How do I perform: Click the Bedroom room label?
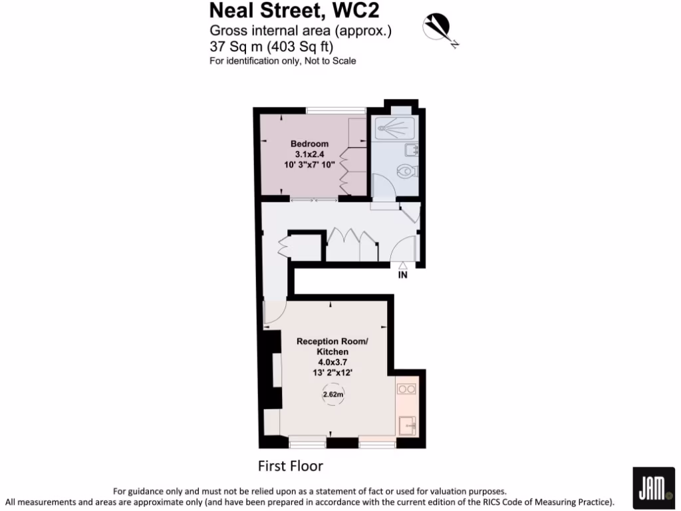pos(309,144)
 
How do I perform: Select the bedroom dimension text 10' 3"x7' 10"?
pos(309,164)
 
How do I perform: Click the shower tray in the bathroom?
pos(395,126)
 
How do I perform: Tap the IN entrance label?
pos(402,274)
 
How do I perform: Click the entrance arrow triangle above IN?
pos(402,265)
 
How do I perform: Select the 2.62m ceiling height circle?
pos(333,395)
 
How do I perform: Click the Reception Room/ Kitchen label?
pos(332,346)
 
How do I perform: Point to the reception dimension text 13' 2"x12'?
pos(332,373)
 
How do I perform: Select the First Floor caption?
pos(290,465)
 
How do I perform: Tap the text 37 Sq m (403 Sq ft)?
pos(271,47)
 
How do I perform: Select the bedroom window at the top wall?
pos(336,110)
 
